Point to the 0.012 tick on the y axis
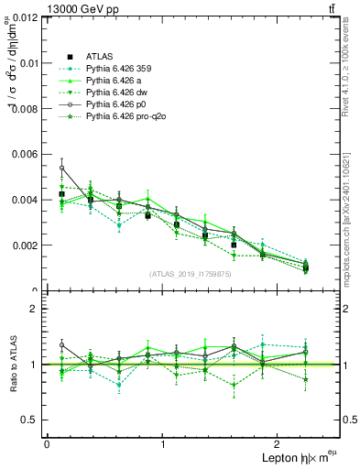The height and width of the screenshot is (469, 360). tap(25, 17)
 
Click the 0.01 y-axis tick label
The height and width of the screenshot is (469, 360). tap(27, 63)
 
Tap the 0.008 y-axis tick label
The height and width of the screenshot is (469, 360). tap(25, 109)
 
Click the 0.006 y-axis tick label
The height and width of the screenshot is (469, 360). tap(25, 154)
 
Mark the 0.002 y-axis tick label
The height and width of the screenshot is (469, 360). tap(25, 245)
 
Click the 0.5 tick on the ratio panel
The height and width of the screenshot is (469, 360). tap(30, 420)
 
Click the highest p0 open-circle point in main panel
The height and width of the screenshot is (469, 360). tap(61, 169)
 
